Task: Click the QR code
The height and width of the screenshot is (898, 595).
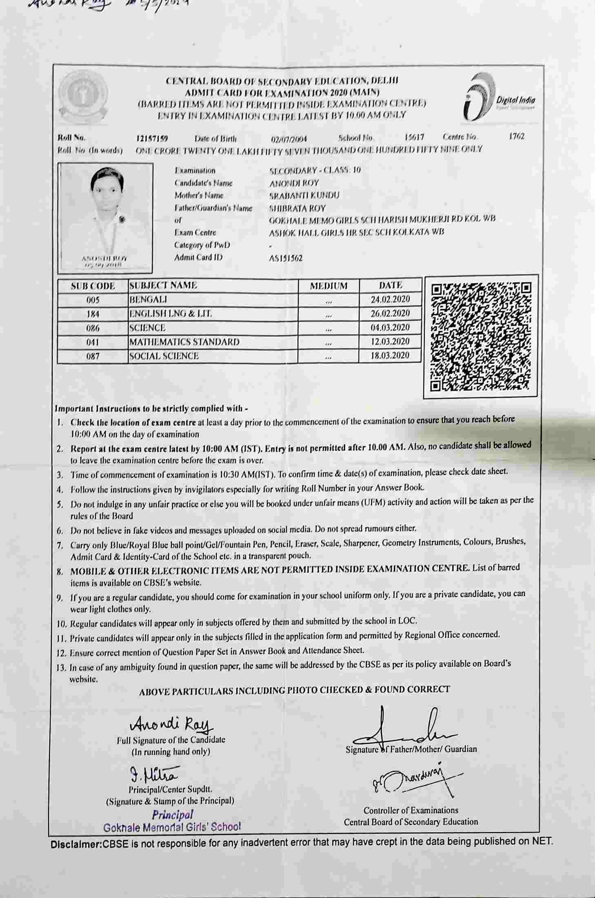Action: click(x=481, y=336)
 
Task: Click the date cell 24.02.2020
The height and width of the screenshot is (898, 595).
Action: click(x=390, y=300)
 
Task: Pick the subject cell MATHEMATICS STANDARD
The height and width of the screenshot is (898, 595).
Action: click(x=184, y=342)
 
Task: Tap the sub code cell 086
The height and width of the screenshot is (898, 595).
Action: click(x=93, y=328)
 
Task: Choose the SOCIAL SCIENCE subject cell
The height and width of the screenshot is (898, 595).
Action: click(x=164, y=356)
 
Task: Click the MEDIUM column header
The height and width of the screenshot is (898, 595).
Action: click(x=329, y=286)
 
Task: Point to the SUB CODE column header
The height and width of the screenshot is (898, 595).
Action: click(x=93, y=286)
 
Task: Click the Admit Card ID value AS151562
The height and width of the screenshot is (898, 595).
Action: click(x=286, y=258)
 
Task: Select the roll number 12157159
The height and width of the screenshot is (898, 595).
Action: click(x=152, y=138)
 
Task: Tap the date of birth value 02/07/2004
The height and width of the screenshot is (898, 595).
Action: click(x=289, y=139)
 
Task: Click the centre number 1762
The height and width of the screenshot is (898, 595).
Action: click(x=516, y=136)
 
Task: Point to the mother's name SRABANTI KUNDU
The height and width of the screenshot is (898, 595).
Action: click(x=304, y=196)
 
